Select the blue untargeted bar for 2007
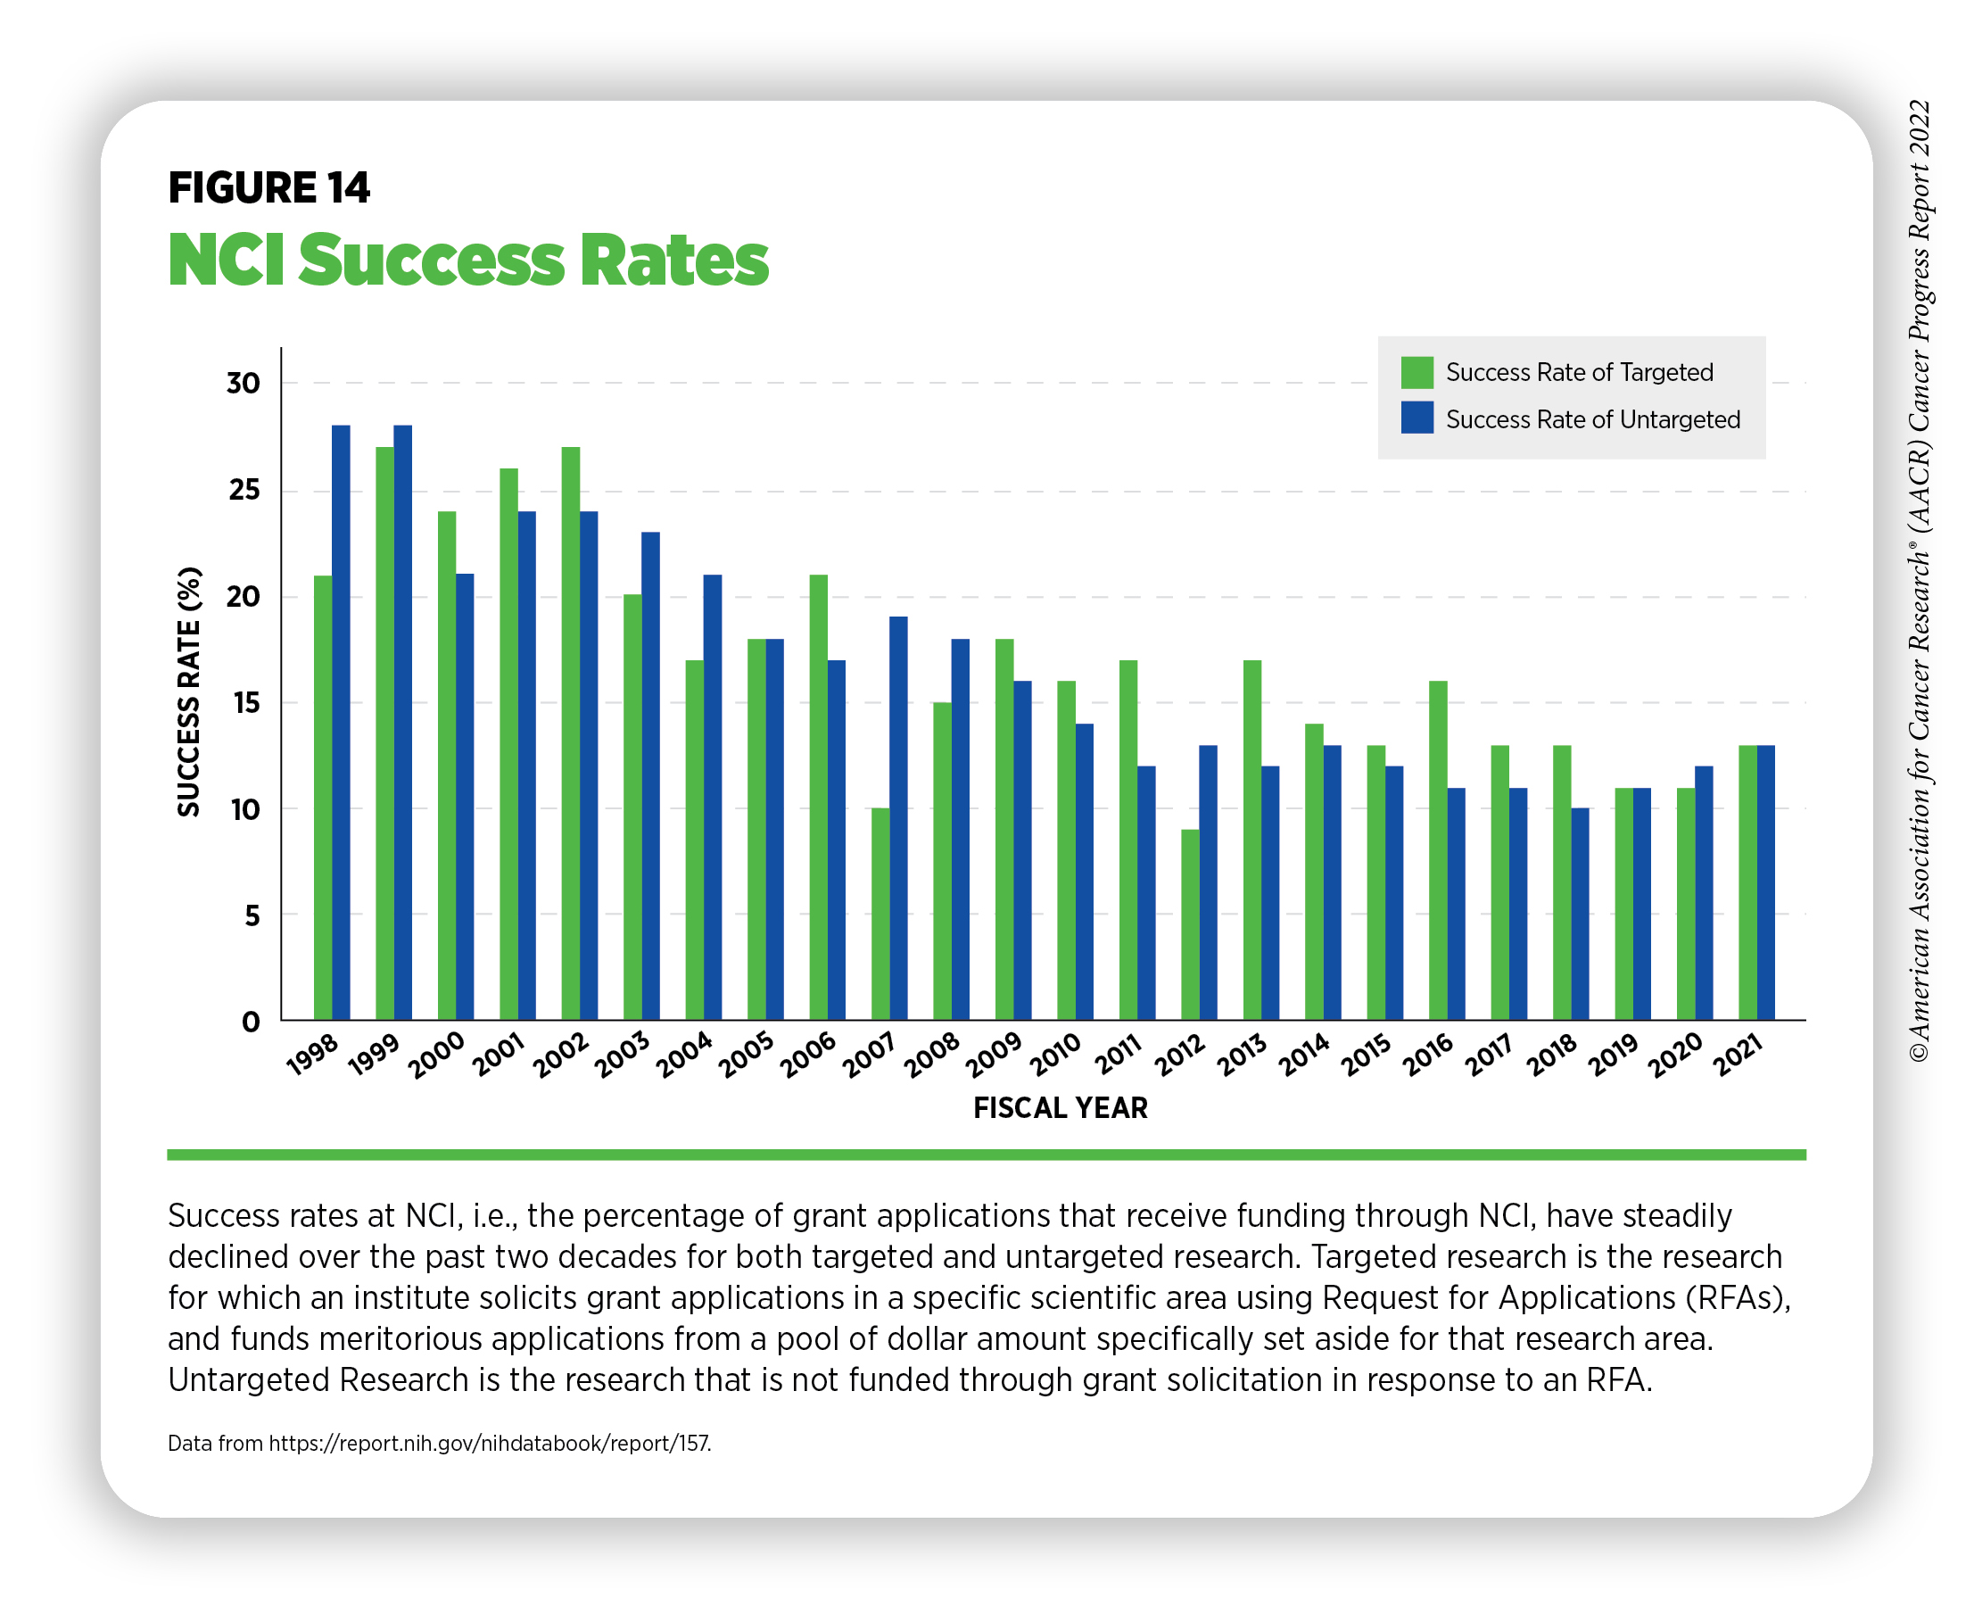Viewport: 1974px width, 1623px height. (897, 818)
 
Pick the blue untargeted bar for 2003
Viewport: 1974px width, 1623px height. (649, 776)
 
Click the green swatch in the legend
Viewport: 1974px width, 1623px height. (1416, 372)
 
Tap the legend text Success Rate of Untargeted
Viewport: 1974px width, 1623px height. (1591, 418)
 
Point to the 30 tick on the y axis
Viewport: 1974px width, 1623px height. (243, 383)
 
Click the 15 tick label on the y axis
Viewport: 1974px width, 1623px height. (245, 702)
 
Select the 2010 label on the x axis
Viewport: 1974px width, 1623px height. (1056, 1055)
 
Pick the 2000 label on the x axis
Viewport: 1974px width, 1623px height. (436, 1055)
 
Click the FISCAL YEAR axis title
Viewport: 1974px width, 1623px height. (1060, 1108)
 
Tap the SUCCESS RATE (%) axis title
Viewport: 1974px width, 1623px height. (188, 691)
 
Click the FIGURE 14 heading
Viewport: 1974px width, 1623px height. (268, 188)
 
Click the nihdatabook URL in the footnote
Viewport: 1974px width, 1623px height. (489, 1443)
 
